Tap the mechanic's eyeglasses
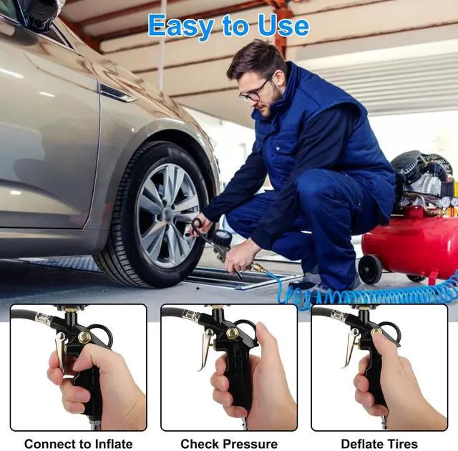tap(254, 91)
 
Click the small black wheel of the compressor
tap(370, 269)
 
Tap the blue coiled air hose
tap(372, 294)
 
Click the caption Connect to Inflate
tap(78, 443)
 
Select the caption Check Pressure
tap(228, 443)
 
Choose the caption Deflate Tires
tap(379, 443)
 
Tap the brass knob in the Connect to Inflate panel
tap(84, 336)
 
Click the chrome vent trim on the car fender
tap(117, 93)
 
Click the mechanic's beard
tap(271, 105)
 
